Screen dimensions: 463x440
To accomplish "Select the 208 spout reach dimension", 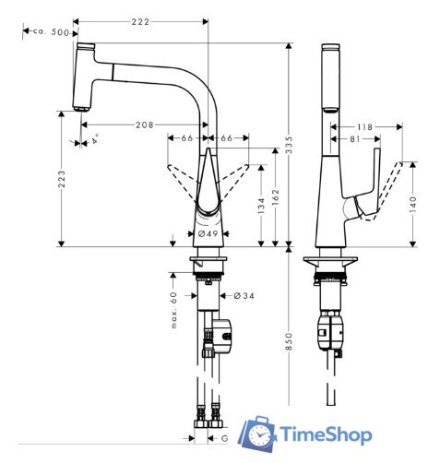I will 144,125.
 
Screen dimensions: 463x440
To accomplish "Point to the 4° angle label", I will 93,140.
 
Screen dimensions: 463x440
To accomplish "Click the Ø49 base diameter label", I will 208,235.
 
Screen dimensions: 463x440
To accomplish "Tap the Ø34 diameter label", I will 232,295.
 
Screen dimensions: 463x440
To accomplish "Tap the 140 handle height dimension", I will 414,201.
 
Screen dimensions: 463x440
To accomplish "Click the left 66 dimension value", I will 187,137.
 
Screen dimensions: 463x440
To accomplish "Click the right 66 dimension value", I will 227,137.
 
